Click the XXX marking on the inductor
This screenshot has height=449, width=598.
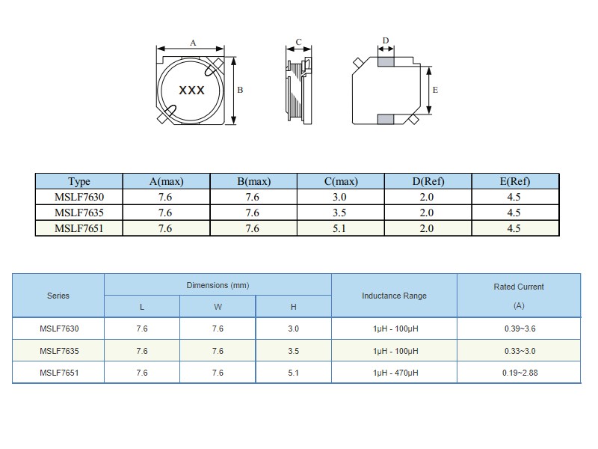tap(192, 91)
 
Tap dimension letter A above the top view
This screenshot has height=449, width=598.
tap(193, 43)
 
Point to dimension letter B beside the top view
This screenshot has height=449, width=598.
tap(240, 90)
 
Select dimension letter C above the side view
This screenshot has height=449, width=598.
tap(298, 42)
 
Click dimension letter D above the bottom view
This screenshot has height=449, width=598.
tap(386, 40)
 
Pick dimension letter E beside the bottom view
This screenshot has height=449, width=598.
tap(435, 90)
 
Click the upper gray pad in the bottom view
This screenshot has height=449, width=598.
tap(386, 62)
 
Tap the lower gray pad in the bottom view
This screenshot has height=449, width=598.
tap(386, 119)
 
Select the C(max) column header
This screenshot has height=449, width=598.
tap(341, 181)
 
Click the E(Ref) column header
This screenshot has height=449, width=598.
tap(515, 181)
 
